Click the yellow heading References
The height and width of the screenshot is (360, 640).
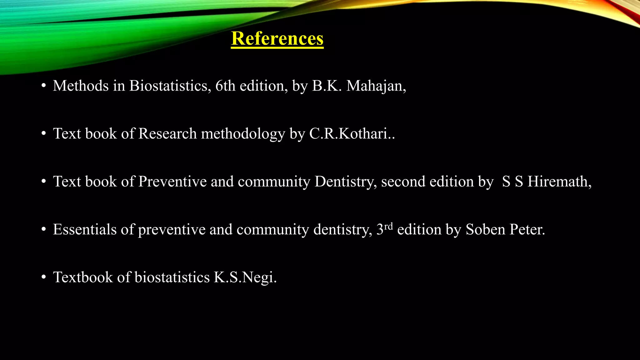[x=277, y=39]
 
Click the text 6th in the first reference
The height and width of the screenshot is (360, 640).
[x=225, y=86]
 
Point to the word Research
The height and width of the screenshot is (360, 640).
[x=167, y=134]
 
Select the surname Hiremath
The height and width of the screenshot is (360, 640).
[x=559, y=182]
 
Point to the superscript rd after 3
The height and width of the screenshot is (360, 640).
[x=388, y=226]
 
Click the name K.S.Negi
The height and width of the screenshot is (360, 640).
[x=245, y=277]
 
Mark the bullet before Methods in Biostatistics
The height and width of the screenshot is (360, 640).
[x=44, y=86]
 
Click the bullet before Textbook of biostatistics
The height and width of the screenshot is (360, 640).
[x=44, y=277]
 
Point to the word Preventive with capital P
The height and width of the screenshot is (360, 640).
[x=172, y=182]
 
